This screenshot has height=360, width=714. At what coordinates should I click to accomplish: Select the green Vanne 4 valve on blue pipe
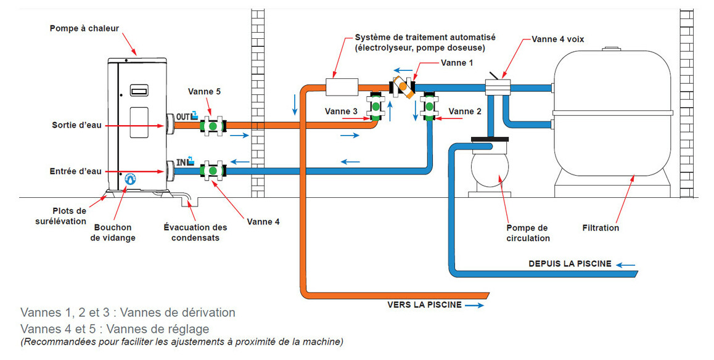coord(213,170)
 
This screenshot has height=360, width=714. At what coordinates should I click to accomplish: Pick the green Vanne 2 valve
coord(429,106)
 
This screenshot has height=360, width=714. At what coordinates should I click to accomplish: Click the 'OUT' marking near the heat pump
coord(185,116)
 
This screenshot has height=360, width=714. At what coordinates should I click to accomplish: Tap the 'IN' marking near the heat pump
coord(183,162)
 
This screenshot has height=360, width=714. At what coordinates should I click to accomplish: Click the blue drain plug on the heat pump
coord(129,179)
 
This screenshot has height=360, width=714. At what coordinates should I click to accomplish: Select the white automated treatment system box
coord(341,87)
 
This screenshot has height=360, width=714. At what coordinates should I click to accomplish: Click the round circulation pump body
coord(490,168)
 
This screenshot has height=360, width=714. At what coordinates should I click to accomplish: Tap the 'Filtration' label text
coord(601,227)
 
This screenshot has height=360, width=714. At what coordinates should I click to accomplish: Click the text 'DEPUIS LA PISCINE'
coord(570,264)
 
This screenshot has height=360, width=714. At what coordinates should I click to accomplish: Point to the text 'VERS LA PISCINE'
coord(424,305)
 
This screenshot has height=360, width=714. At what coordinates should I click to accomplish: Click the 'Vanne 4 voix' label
coord(558,39)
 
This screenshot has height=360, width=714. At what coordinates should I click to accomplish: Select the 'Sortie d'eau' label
coord(76,126)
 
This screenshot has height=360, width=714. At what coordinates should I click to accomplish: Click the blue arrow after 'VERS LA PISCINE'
coord(475,305)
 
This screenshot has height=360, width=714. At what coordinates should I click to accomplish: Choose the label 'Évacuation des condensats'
coord(195,232)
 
